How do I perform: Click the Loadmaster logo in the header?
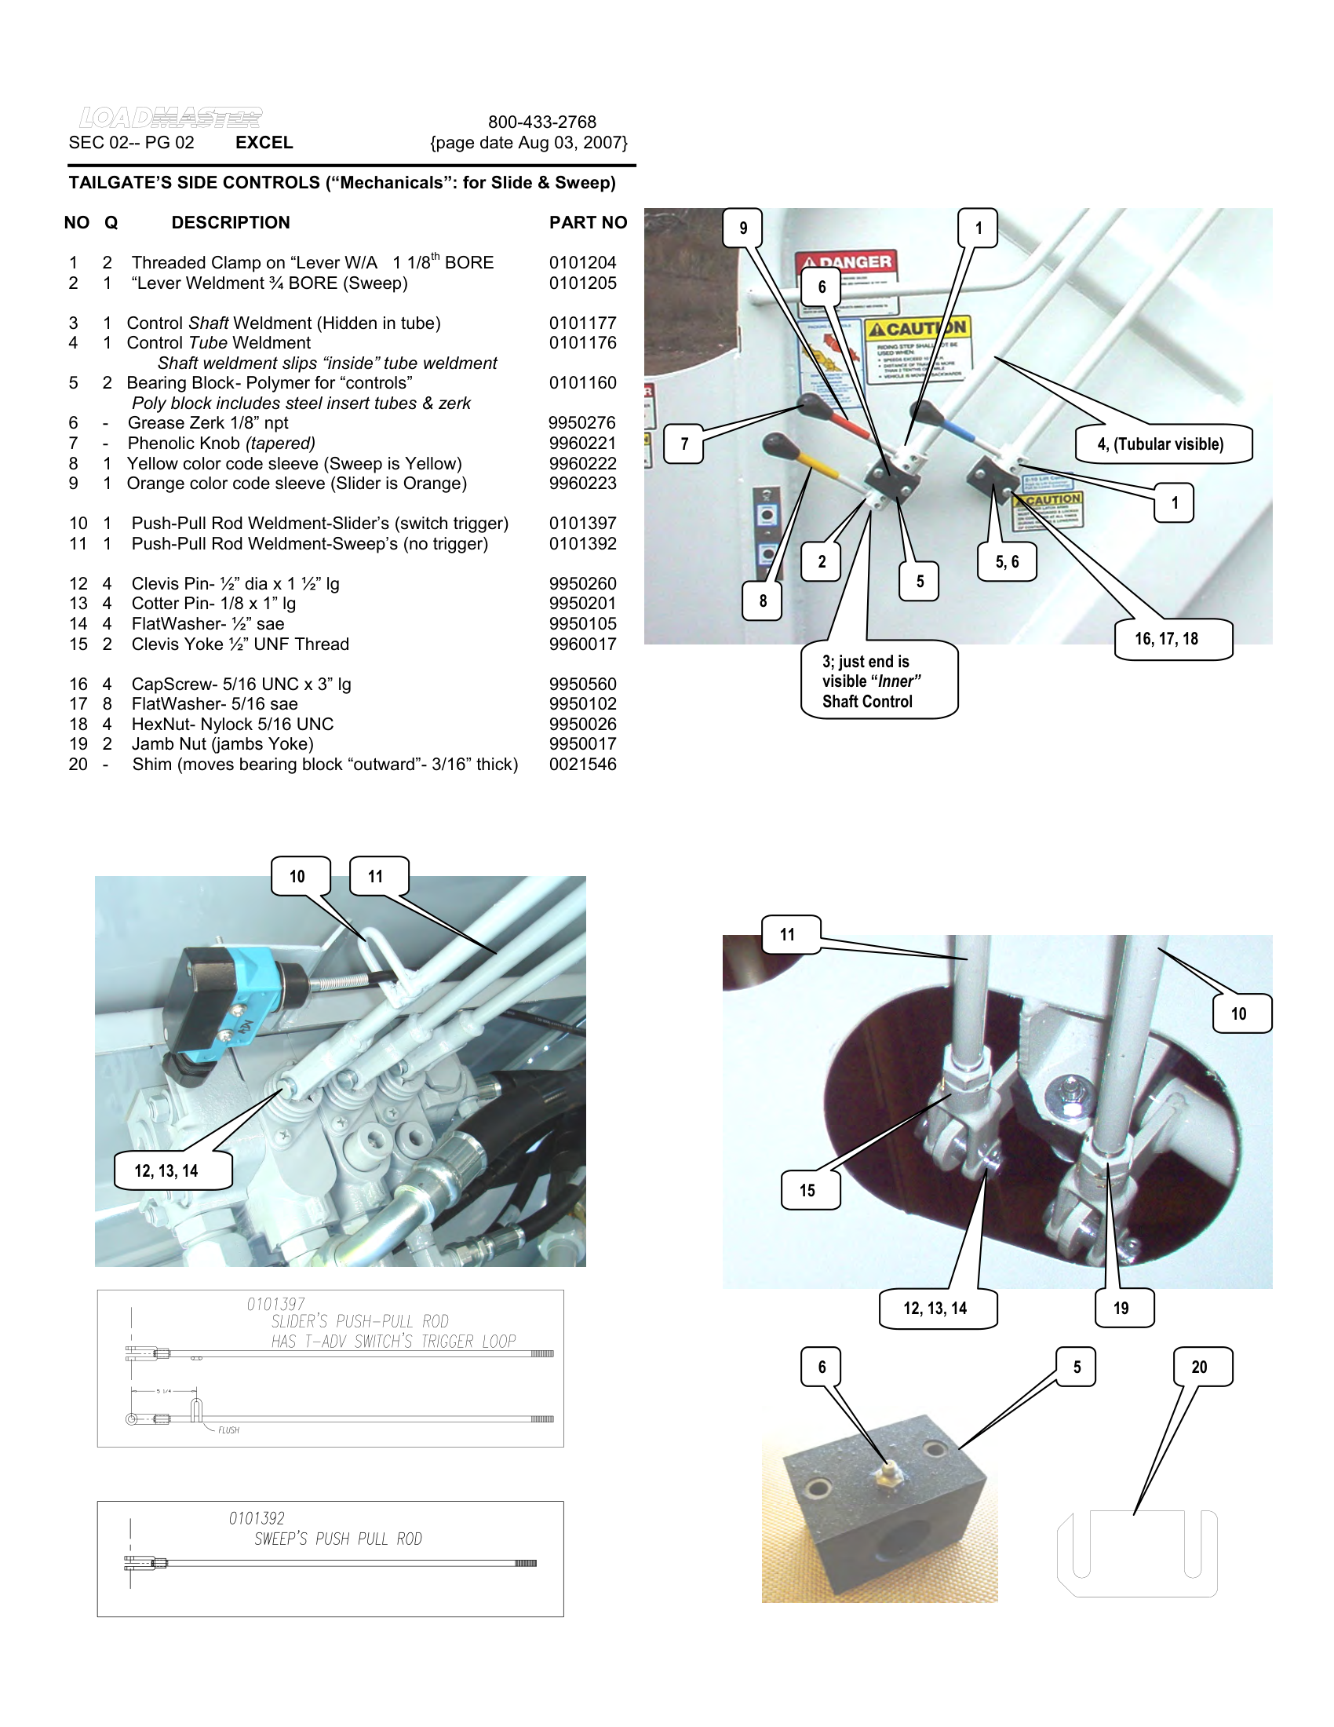tap(170, 118)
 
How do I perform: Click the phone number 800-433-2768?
tap(541, 122)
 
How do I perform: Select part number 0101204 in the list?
tap(582, 262)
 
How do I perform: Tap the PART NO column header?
tap(588, 223)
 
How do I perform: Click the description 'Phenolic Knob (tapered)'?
tap(221, 443)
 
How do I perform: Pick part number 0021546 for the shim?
tap(582, 764)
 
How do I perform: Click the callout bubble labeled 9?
tap(743, 228)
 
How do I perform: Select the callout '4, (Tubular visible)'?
tap(1161, 444)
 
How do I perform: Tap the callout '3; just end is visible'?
tap(877, 681)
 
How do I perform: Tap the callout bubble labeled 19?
tap(1122, 1309)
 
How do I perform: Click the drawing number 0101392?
tap(257, 1518)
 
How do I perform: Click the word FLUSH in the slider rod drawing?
tap(228, 1430)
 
